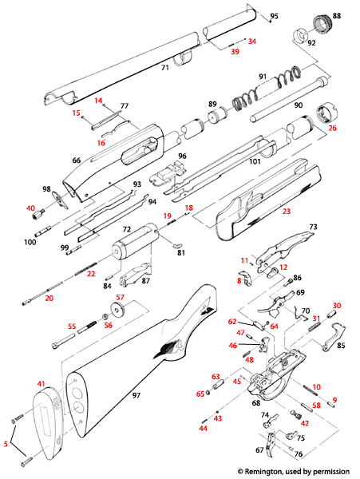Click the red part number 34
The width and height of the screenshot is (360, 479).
[x=252, y=41]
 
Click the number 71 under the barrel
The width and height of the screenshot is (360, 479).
[x=165, y=69]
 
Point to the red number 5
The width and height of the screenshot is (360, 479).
[x=7, y=442]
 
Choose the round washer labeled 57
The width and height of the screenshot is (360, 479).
[x=107, y=312]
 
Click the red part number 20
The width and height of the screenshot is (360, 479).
[x=49, y=299]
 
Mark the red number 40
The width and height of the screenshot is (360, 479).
[x=31, y=208]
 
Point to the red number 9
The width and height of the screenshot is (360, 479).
[x=334, y=399]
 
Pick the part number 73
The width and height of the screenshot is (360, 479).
[x=313, y=228]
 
